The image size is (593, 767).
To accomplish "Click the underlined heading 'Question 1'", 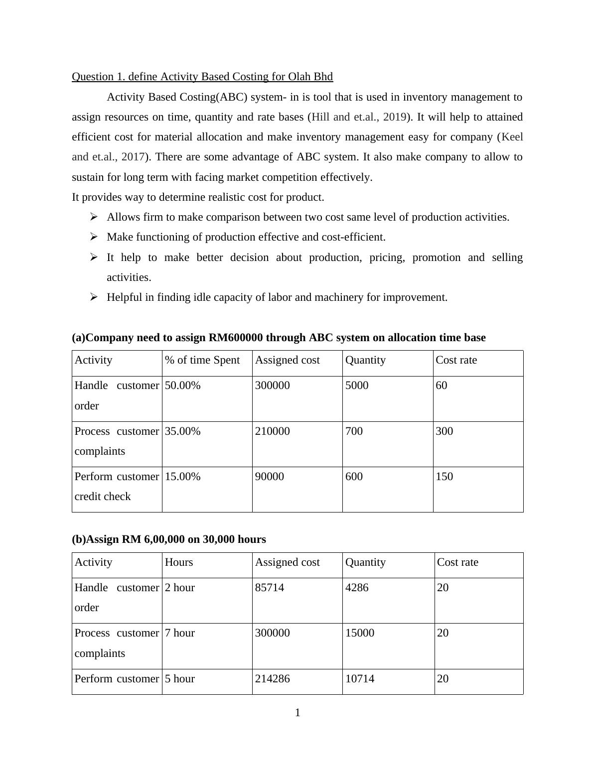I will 202,77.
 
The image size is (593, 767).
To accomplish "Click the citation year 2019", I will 395,117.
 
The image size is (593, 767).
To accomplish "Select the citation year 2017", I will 133,157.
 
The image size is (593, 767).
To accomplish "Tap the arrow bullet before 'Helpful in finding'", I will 94,297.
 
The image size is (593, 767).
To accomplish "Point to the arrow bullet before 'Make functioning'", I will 94,237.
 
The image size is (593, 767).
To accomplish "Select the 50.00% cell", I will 183,385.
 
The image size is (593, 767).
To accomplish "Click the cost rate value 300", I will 445,431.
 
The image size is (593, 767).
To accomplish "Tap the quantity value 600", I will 354,477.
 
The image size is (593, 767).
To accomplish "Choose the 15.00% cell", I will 183,477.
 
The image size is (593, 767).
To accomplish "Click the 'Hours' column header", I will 179,562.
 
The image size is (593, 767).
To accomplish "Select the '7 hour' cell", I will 180,633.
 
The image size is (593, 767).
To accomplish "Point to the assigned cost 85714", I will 270,588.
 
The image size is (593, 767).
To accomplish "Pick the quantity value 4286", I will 357,588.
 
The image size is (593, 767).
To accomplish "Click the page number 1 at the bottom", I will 297,713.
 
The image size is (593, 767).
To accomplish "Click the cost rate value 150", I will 445,477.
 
